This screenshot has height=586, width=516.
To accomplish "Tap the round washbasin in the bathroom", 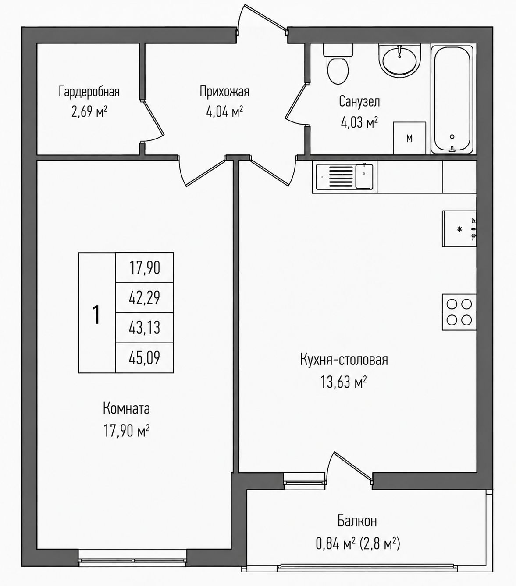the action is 399,61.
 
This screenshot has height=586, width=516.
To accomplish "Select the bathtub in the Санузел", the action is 452,99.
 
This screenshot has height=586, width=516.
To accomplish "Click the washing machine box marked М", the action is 409,138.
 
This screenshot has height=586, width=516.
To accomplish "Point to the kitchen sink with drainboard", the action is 345,177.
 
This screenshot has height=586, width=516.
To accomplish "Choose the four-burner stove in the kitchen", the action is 459,312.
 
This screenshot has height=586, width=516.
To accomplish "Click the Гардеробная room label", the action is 89,92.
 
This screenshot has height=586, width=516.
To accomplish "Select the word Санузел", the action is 359,101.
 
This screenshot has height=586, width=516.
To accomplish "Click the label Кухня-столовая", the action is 344,360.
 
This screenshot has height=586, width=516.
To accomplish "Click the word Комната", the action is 126,409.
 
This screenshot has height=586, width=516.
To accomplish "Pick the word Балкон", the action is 357,521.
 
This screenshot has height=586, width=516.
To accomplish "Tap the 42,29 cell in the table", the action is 144,298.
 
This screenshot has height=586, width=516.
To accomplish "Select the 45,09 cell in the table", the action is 144,358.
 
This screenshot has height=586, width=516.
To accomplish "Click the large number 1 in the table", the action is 96,315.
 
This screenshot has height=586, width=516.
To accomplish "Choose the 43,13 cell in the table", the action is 144,328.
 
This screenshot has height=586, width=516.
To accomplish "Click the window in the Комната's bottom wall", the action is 133,559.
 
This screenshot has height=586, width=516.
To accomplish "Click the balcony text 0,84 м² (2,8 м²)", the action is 358,544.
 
